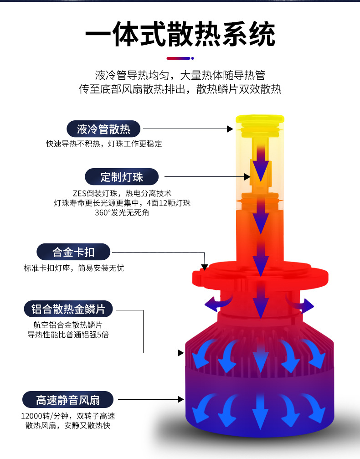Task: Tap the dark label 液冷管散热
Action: coord(103,129)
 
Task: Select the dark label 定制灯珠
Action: coord(122,176)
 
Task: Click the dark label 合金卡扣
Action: coord(73,252)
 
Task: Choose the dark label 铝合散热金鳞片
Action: coord(68,309)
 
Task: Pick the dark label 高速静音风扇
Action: coord(68,400)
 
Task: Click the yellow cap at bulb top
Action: coord(260,125)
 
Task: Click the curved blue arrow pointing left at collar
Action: coord(217,302)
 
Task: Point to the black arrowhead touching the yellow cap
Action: coord(230,129)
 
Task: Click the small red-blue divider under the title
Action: coord(180,58)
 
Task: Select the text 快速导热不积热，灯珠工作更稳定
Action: coord(104,144)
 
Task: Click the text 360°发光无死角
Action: coord(122,212)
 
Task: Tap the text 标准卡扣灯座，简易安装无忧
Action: coord(74,268)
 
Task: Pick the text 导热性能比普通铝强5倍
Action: coord(68,335)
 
